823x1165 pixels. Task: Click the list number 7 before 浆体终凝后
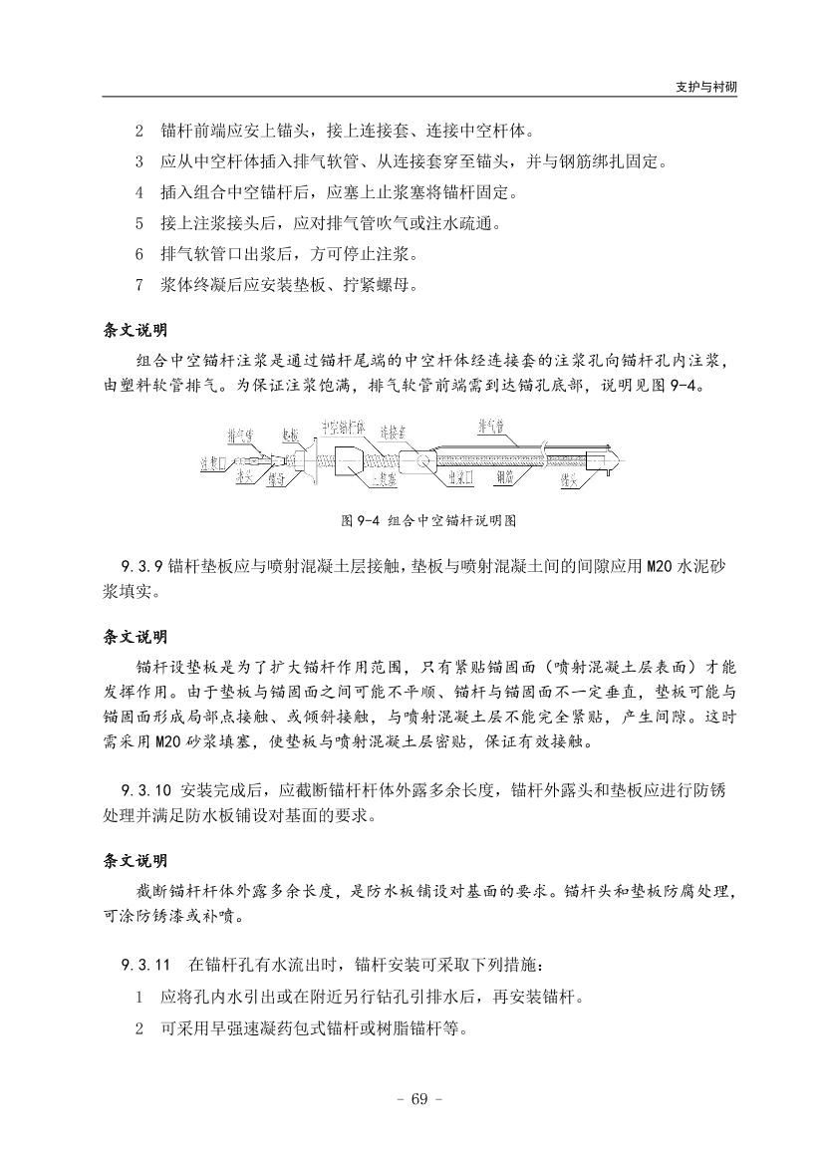click(139, 284)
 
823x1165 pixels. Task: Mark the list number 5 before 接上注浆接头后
click(139, 222)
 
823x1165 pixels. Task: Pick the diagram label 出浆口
click(459, 479)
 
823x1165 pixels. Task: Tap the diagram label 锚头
click(571, 479)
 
